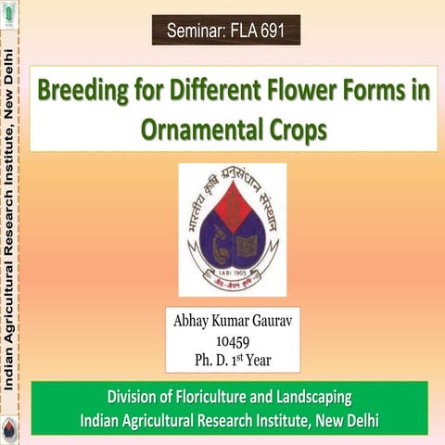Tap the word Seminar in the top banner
click(x=195, y=32)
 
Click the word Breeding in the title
click(x=82, y=93)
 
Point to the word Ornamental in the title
click(x=197, y=129)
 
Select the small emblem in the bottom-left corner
click(x=10, y=428)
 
